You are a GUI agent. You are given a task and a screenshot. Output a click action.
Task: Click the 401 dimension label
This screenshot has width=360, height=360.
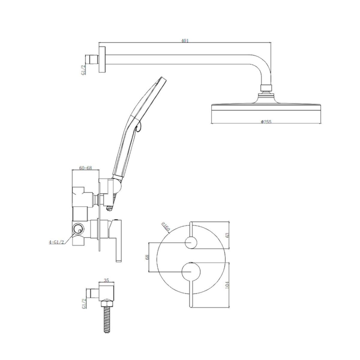tap(185, 41)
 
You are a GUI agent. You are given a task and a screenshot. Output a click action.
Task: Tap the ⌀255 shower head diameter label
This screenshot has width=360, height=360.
tap(266, 122)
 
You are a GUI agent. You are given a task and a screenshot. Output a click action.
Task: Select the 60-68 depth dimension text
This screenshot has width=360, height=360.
tap(85, 168)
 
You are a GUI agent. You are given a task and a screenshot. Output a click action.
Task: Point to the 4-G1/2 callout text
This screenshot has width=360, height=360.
tap(56, 242)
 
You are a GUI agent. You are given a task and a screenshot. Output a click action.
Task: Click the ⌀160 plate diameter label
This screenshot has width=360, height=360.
tap(166, 226)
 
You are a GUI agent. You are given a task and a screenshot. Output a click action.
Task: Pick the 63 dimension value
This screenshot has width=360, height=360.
tap(227, 235)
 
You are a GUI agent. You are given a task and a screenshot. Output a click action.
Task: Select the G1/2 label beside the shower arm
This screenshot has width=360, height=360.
tap(83, 70)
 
